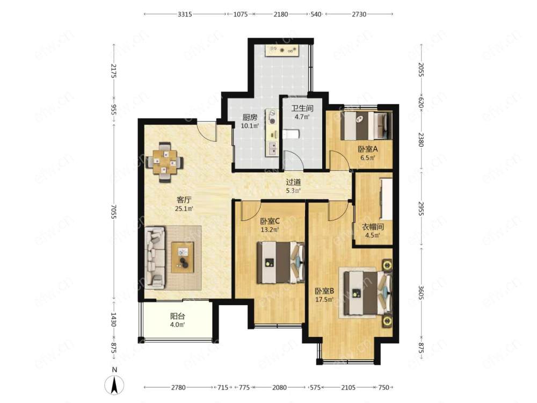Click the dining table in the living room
165,161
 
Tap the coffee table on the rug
183,257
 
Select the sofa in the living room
155,257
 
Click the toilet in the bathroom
291,134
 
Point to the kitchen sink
273,148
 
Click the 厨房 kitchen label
250,117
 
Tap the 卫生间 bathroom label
302,109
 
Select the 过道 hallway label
293,182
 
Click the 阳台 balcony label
178,316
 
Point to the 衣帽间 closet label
373,227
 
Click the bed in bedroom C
281,263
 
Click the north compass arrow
114,385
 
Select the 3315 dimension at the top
185,15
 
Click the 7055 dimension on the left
114,211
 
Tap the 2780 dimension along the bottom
178,387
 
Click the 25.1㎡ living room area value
184,208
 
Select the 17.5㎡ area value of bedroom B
324,300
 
